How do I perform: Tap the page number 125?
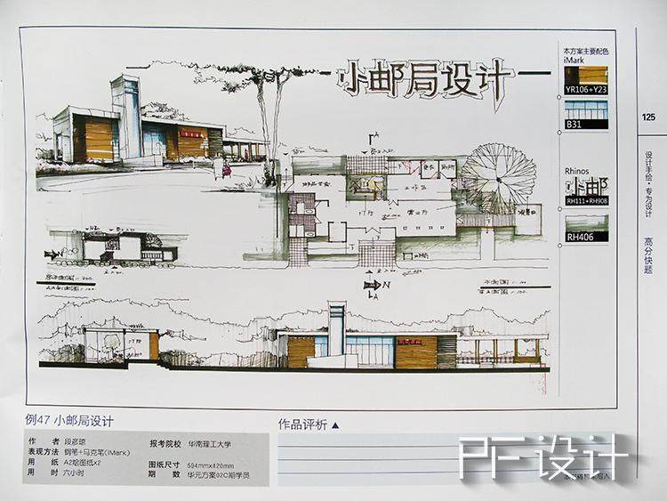point(647,117)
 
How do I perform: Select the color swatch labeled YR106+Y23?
point(586,75)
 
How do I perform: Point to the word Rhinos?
point(576,171)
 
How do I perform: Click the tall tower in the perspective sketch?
point(125,116)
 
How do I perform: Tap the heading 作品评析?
point(303,424)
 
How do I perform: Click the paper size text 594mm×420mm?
point(210,465)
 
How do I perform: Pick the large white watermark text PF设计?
point(543,458)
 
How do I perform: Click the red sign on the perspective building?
point(191,133)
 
